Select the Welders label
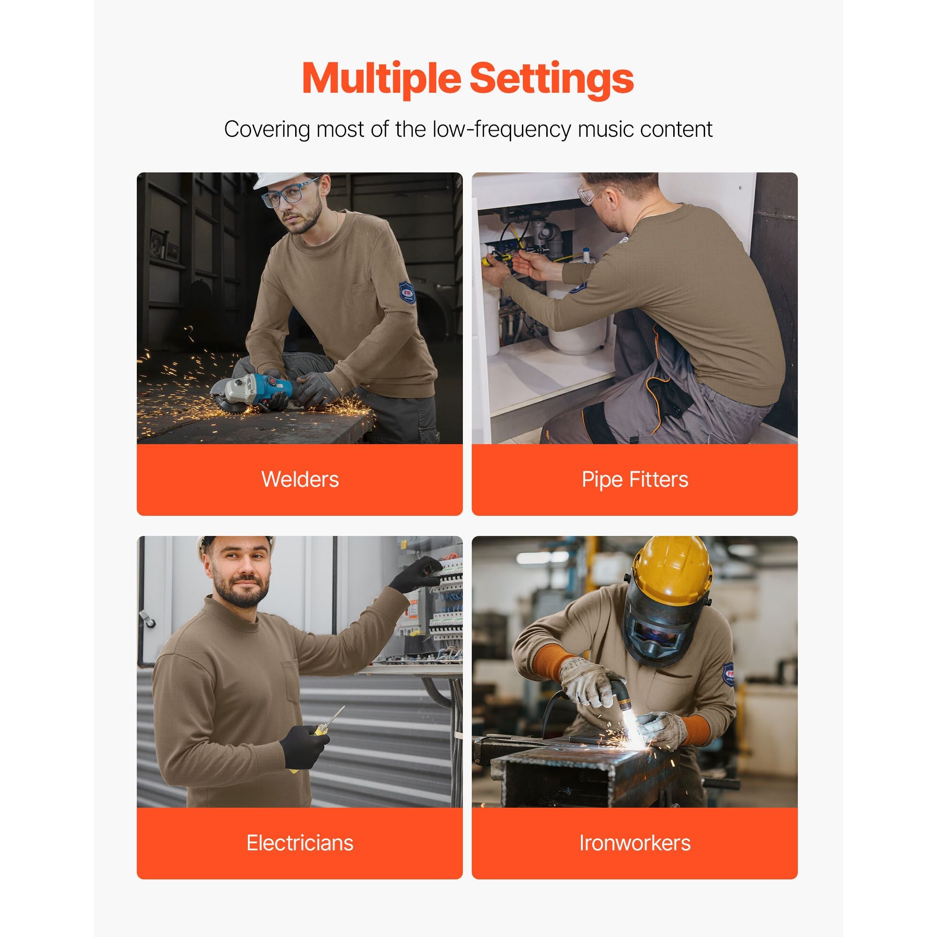(300, 480)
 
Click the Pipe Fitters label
(635, 480)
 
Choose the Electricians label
(300, 843)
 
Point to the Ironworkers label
(635, 843)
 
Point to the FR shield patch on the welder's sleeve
(408, 292)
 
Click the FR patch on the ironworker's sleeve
(729, 675)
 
